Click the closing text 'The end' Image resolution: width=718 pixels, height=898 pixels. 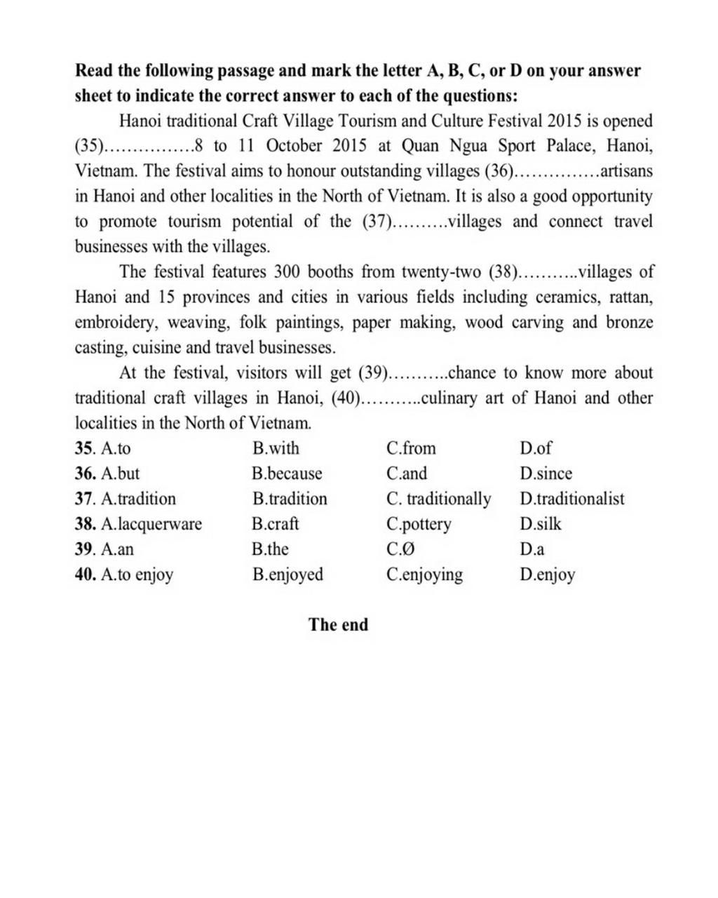point(338,624)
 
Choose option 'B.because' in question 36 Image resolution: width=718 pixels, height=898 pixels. point(287,474)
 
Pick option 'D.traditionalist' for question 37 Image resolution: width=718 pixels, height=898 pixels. point(571,499)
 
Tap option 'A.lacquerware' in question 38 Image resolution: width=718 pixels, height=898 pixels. point(151,524)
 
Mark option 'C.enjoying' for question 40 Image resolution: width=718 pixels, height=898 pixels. point(424,575)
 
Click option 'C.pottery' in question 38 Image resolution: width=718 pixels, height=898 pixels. point(419,524)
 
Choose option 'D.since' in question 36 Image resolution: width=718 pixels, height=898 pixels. point(546,474)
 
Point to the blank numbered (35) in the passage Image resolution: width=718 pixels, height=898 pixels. point(133,147)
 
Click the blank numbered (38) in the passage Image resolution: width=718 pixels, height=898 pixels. point(533,272)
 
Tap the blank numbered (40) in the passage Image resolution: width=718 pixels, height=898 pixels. point(375,398)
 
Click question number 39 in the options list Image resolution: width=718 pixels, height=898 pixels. point(84,549)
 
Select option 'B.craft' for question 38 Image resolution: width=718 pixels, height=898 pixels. point(275,524)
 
